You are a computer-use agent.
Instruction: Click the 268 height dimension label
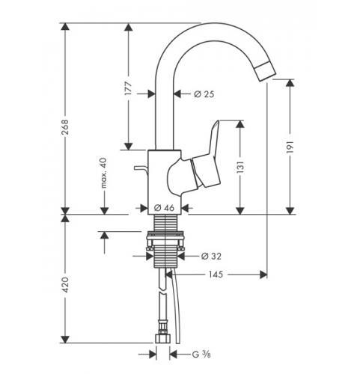click(65, 127)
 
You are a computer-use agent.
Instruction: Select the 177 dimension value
click(129, 88)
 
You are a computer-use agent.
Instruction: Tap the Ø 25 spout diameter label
click(204, 94)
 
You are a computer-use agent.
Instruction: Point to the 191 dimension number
click(290, 147)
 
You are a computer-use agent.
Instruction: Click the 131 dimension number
click(240, 167)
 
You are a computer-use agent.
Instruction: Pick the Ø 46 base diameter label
click(164, 208)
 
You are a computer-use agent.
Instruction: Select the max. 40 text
click(104, 173)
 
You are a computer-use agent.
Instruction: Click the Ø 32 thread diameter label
click(211, 256)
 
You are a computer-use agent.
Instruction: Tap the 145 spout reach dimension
click(216, 275)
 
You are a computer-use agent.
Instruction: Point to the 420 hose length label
click(65, 284)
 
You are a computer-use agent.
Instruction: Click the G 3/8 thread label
click(201, 355)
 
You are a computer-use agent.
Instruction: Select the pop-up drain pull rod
click(140, 169)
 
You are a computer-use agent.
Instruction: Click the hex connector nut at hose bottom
click(162, 338)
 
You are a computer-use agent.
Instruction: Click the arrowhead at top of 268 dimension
click(65, 27)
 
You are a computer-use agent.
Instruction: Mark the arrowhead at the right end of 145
click(263, 275)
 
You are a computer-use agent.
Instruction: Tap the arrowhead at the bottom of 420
click(65, 339)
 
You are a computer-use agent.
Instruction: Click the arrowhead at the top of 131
click(240, 124)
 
